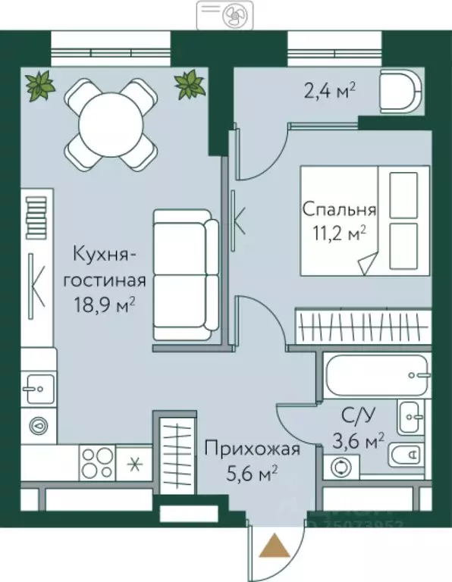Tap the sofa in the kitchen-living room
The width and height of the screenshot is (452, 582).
186,274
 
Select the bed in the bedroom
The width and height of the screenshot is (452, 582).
358,220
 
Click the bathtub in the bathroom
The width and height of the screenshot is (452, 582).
376,374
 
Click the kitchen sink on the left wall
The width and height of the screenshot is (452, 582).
36,390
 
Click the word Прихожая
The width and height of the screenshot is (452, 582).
252,449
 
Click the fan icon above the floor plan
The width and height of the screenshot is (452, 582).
226,14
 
